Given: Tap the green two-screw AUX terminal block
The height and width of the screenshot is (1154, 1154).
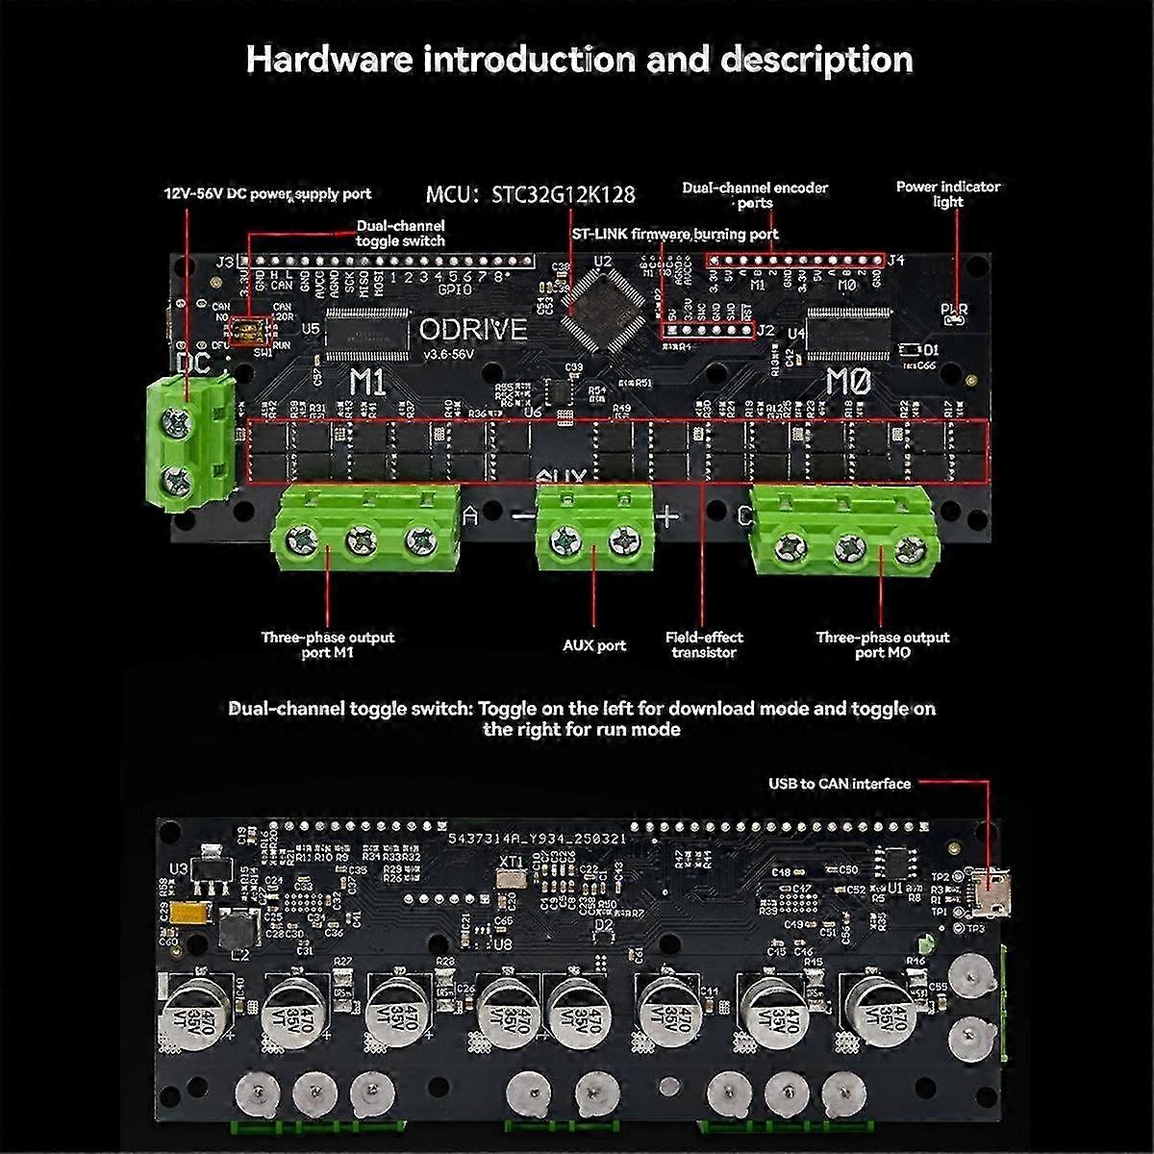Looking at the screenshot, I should click(594, 534).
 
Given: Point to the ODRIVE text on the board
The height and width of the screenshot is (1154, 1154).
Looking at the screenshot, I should click(473, 330).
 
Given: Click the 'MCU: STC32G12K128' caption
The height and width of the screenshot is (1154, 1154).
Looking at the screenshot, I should click(530, 194).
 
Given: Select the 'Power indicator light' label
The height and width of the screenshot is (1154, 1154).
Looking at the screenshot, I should click(947, 193).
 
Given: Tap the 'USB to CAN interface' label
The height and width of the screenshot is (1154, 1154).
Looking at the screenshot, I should click(839, 784).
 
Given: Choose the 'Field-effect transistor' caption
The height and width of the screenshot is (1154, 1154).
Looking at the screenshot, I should click(704, 644).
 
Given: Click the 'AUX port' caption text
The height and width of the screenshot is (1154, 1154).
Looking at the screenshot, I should click(593, 645).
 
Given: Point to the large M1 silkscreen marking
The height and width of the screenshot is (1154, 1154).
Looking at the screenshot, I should click(367, 382).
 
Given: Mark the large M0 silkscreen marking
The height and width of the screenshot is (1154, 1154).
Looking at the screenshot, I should click(848, 382).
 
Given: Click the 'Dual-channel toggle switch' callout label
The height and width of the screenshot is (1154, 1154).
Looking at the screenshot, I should click(400, 233).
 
